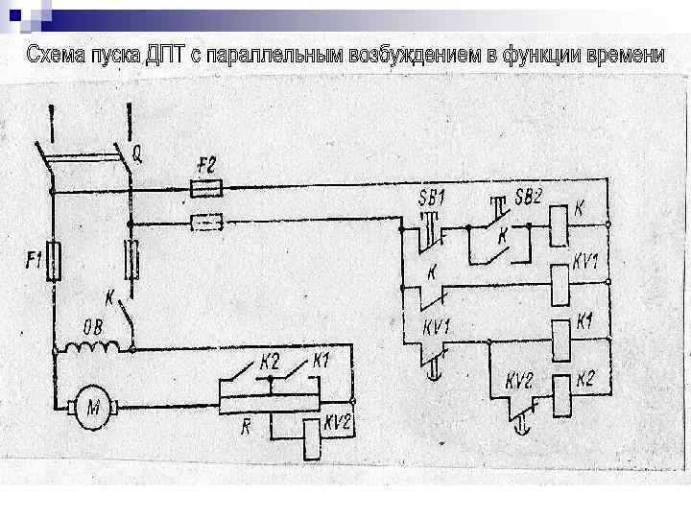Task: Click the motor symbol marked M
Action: (x=93, y=409)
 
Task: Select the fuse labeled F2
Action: (x=208, y=187)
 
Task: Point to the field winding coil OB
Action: (x=93, y=342)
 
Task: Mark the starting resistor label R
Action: (x=246, y=426)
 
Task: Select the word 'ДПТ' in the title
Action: (x=162, y=55)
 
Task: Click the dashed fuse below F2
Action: (x=208, y=223)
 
